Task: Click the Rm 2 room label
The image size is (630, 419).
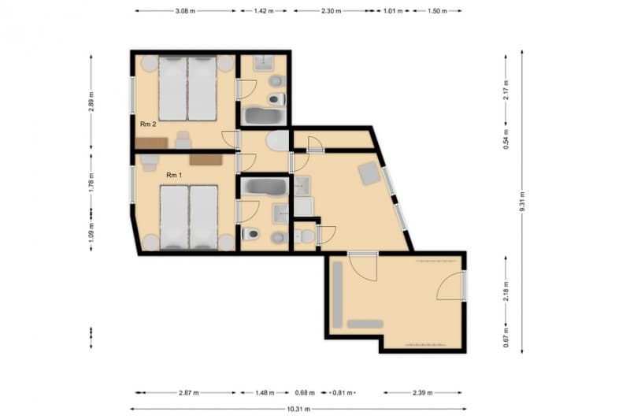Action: point(149,124)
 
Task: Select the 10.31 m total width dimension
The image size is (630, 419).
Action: point(298,410)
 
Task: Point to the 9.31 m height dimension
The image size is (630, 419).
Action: point(521,197)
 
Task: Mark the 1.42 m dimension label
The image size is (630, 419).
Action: point(264,12)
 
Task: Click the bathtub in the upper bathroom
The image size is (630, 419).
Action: point(263,117)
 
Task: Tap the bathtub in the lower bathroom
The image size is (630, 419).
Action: point(264,187)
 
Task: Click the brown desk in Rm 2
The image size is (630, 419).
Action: point(151,143)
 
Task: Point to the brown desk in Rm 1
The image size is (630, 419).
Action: point(206,160)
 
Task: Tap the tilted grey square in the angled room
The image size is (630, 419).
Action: point(369,172)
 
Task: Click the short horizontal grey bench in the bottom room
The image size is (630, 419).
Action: point(365,324)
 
